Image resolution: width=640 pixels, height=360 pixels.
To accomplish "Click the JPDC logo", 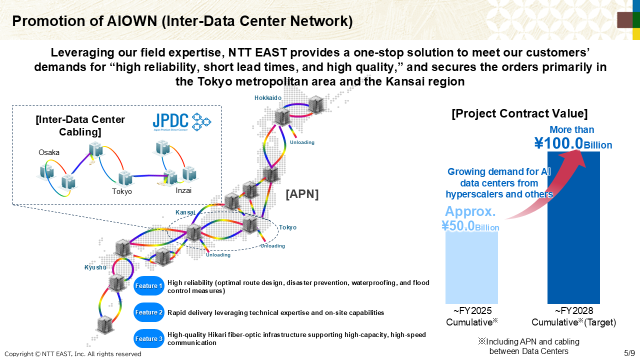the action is tap(181, 122).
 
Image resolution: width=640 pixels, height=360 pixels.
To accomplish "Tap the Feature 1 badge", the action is tap(148, 285).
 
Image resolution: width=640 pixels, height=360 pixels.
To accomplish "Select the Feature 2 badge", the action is tap(148, 312).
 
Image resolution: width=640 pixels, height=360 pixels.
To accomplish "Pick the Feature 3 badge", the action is tap(148, 338).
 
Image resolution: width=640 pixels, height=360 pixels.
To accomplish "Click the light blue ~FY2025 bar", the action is tap(471, 267).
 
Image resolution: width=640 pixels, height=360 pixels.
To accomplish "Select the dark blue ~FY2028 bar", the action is tap(573, 227).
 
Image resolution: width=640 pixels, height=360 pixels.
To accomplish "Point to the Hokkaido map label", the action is tap(267, 98).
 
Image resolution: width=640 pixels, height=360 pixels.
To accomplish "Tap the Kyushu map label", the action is tap(95, 267).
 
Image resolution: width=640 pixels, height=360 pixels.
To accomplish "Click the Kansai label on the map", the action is tap(185, 212).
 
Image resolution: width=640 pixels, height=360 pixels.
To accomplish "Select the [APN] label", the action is tap(302, 194).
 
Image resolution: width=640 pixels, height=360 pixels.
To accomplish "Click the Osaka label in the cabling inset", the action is tap(49, 152).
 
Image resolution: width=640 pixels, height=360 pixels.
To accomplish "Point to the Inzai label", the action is tap(183, 190).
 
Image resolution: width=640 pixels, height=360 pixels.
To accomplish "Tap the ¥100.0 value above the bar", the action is tap(558, 143).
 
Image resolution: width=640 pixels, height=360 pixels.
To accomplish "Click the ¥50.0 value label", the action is tap(457, 225).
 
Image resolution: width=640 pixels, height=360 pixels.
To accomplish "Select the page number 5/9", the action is tap(629, 353).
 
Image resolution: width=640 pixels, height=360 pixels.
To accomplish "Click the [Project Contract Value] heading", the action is tap(519, 113).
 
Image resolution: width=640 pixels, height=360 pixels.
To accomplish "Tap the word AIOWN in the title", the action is tap(132, 21).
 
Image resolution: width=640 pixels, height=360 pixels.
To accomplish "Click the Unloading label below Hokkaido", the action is tap(302, 142).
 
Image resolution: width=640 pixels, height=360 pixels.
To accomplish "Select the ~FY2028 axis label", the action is tap(573, 311).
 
